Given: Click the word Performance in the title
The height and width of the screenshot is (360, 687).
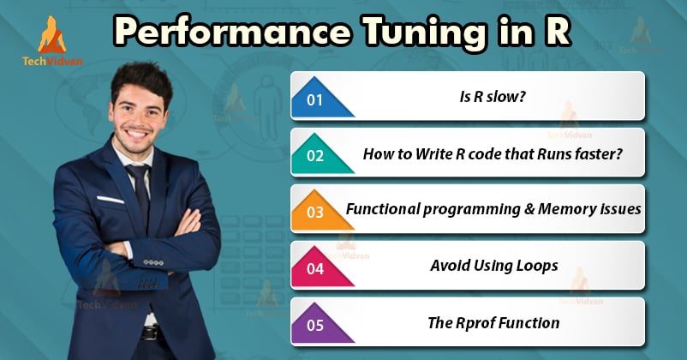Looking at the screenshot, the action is click(x=233, y=31).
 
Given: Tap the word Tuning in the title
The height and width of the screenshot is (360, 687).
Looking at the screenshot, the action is click(x=425, y=33).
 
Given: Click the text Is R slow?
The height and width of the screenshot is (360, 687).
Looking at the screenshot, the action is click(x=492, y=97).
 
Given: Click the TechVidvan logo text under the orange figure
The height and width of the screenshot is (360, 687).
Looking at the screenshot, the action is click(x=52, y=61).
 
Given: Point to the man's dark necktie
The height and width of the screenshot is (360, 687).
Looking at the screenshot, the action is click(x=141, y=192).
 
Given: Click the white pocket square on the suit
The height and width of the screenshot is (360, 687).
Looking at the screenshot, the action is click(x=111, y=200).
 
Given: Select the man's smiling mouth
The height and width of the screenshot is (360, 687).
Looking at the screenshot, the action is click(x=137, y=132).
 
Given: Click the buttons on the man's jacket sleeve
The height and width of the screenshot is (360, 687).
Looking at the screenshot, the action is click(x=153, y=262).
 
